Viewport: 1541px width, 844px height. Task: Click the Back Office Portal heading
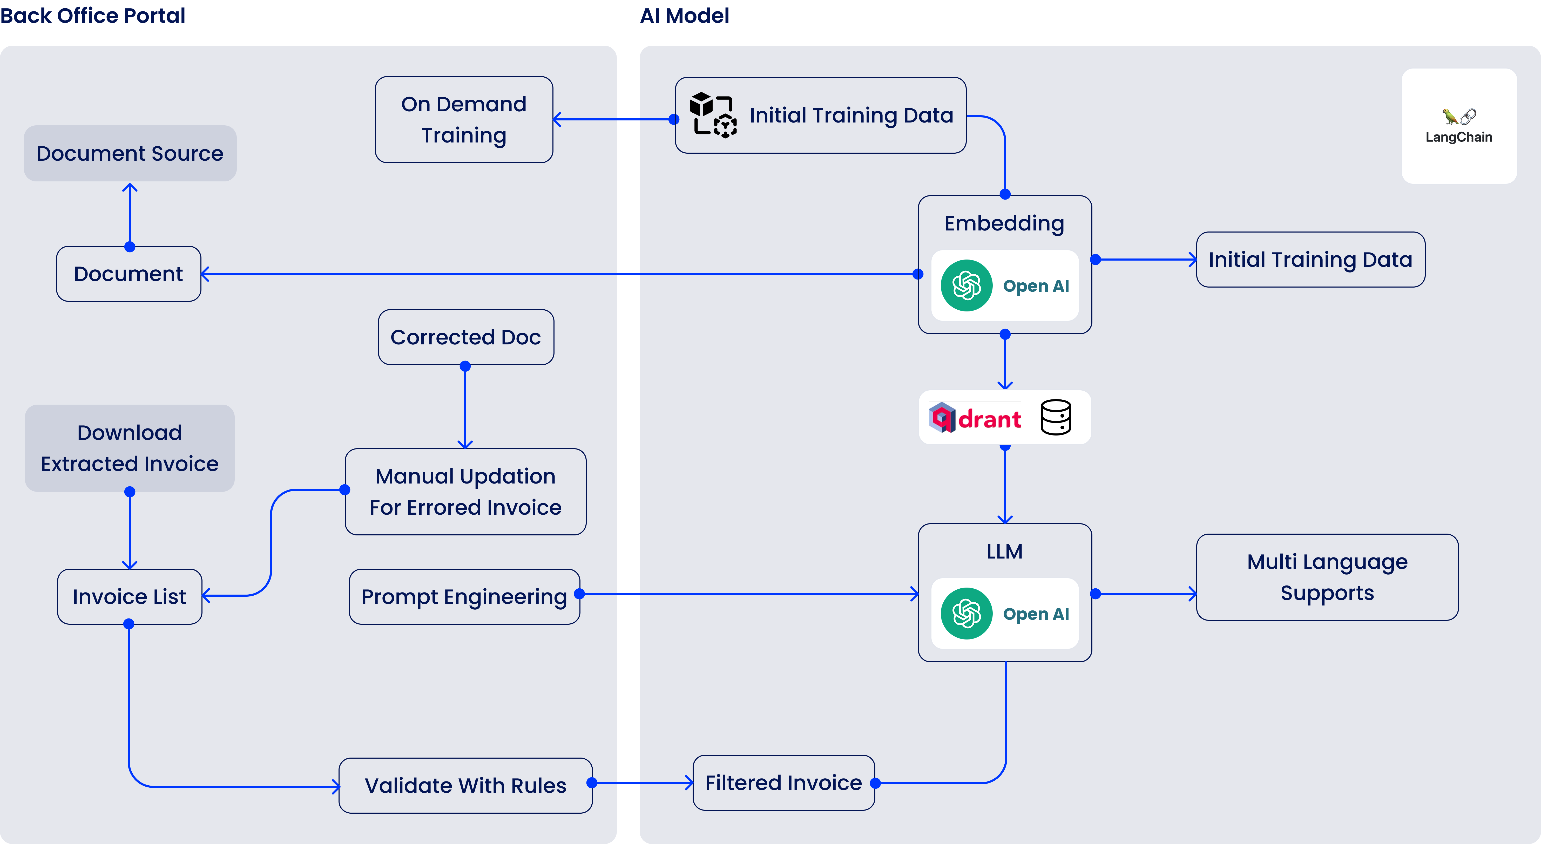(93, 16)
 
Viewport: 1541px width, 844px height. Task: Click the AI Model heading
(684, 16)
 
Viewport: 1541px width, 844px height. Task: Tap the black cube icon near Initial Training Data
(712, 114)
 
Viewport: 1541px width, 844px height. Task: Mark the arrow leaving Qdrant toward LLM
(1005, 485)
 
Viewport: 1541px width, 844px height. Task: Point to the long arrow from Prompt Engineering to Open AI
(748, 594)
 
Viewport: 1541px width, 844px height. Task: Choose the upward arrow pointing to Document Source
(130, 215)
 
